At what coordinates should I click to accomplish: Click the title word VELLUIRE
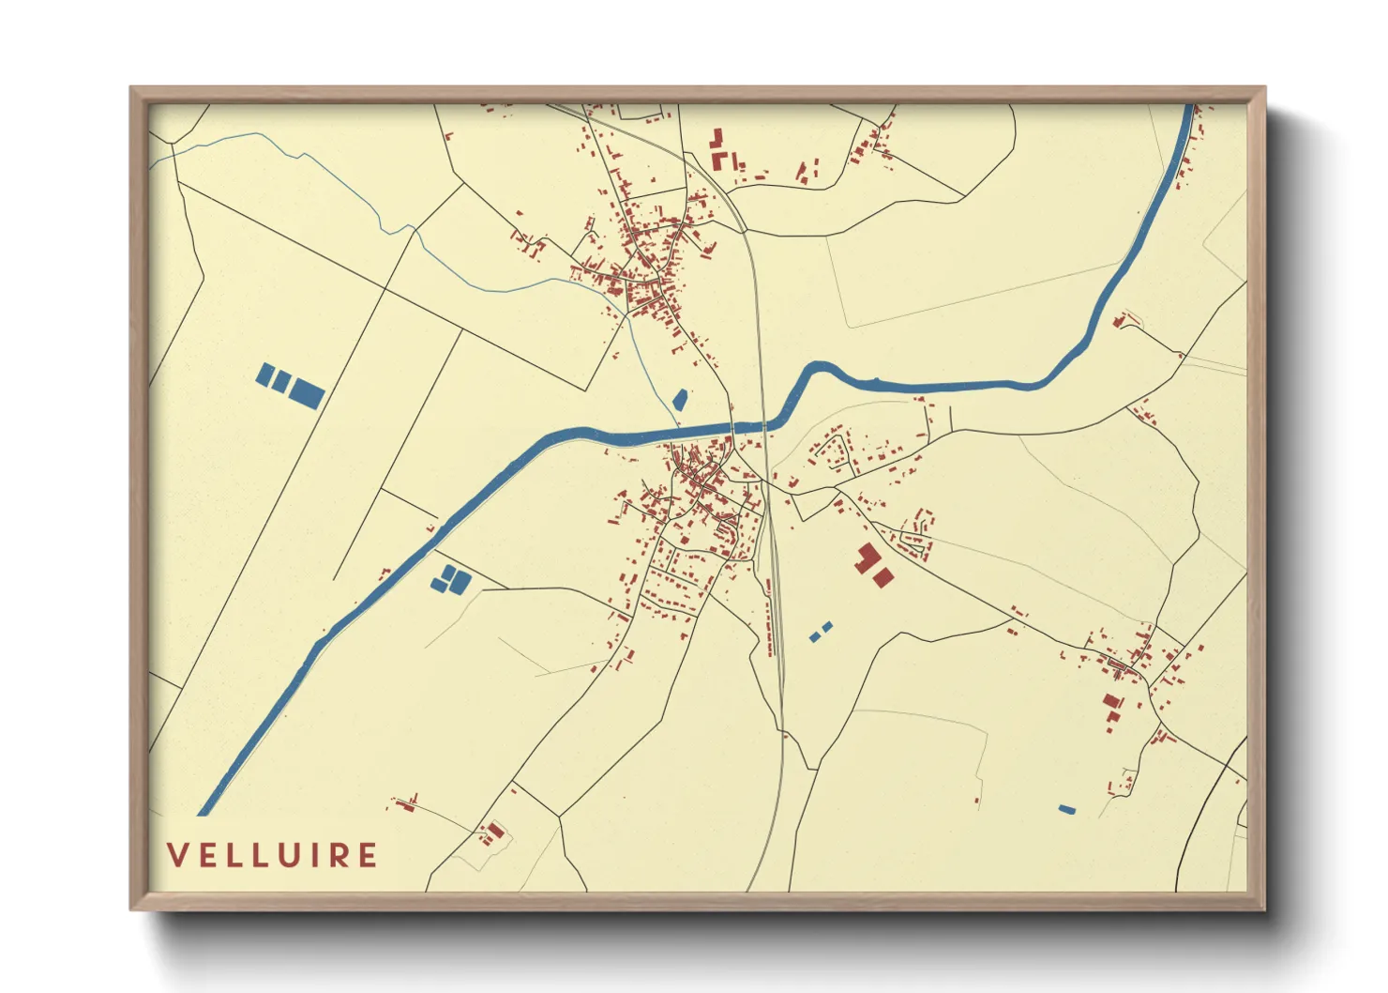click(x=272, y=856)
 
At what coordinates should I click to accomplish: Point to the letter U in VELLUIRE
click(x=297, y=856)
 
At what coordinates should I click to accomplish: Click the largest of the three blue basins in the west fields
click(x=307, y=392)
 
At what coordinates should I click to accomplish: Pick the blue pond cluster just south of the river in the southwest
click(x=450, y=579)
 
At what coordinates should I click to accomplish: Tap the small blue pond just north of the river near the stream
click(x=680, y=399)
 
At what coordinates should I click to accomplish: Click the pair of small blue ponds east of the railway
click(x=821, y=632)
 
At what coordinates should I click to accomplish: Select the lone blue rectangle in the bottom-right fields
click(x=1066, y=809)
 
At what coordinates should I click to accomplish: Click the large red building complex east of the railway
click(x=870, y=564)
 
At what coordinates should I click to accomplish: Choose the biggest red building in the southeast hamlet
click(x=1113, y=702)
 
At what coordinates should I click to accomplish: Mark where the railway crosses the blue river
click(x=763, y=425)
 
